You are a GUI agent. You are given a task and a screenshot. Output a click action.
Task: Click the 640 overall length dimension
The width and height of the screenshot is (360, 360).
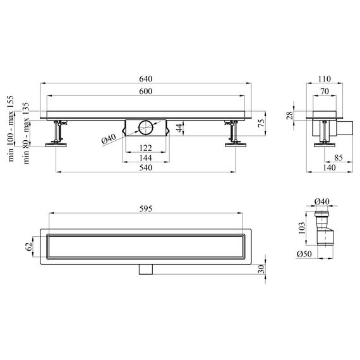pos(145,79)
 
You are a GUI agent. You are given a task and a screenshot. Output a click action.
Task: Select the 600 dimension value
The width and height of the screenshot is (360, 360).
pos(145,92)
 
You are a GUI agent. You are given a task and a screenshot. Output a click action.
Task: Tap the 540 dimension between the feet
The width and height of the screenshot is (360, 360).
pos(145,168)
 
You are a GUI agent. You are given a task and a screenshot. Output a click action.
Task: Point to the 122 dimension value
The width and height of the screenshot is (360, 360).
pos(145,148)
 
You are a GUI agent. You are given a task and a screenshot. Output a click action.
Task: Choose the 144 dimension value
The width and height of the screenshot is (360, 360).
pos(145,158)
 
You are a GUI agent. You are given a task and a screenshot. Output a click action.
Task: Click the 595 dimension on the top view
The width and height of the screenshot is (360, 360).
pos(145,208)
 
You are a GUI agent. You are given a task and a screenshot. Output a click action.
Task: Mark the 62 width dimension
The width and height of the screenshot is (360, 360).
pos(28,246)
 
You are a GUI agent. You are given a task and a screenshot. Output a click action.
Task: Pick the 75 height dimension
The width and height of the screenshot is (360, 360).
pos(261,124)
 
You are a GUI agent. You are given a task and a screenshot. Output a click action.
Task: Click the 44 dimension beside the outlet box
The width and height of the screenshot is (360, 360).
pos(179,128)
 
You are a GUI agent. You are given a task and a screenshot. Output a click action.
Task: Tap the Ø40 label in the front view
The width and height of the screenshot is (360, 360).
pos(109,139)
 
